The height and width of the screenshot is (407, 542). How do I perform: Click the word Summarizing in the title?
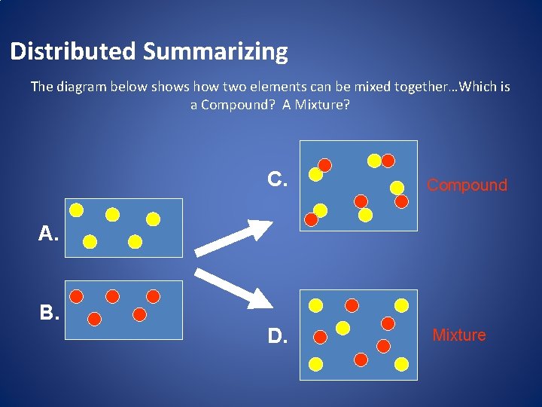point(215,52)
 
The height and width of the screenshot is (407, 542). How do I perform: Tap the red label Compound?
point(467,185)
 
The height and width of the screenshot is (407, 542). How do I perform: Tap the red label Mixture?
point(459,335)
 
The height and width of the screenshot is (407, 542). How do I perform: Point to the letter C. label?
point(278,179)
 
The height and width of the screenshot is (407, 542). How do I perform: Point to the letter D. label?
point(278,335)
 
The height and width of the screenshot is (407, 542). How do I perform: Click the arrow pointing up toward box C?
point(233,238)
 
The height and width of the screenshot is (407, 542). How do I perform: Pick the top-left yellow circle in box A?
point(76,210)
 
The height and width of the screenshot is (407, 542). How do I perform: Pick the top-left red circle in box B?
point(77,296)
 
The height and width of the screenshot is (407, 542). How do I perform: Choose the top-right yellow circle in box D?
point(402,305)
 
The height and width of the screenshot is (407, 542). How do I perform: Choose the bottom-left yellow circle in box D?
point(316,364)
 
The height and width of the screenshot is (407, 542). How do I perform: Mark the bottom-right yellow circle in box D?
point(402,364)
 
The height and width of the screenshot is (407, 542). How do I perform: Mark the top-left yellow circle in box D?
point(316,305)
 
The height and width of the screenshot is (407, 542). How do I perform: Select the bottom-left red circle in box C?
point(311,219)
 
